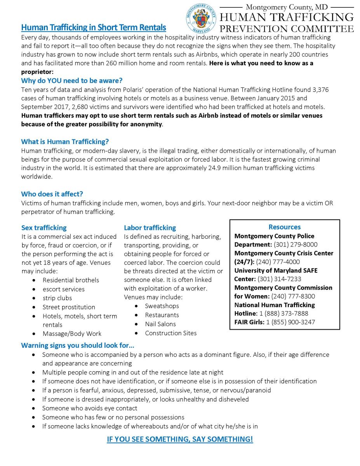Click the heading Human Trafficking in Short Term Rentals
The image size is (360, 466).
[x=94, y=28]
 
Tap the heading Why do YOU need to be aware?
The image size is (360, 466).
[x=72, y=81]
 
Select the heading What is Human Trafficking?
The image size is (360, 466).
[x=65, y=142]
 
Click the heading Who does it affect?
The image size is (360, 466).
[x=52, y=194]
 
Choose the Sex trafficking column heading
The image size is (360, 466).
[x=44, y=228]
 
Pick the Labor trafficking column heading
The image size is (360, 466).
[x=150, y=228]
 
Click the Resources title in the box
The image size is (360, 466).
[x=285, y=227]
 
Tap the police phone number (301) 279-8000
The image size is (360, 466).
[x=296, y=245]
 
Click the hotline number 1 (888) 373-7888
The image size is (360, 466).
[x=284, y=313]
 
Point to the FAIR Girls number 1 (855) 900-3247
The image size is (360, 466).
[x=290, y=322]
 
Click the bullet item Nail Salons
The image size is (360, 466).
[x=160, y=324]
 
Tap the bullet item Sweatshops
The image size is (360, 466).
[x=162, y=306]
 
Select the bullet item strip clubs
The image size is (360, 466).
[x=57, y=298]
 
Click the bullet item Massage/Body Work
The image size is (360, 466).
[x=72, y=334]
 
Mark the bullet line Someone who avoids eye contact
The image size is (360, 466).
[x=90, y=408]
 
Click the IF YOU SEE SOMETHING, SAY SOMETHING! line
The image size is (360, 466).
[x=180, y=440]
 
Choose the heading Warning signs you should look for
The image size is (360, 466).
[x=78, y=346]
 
